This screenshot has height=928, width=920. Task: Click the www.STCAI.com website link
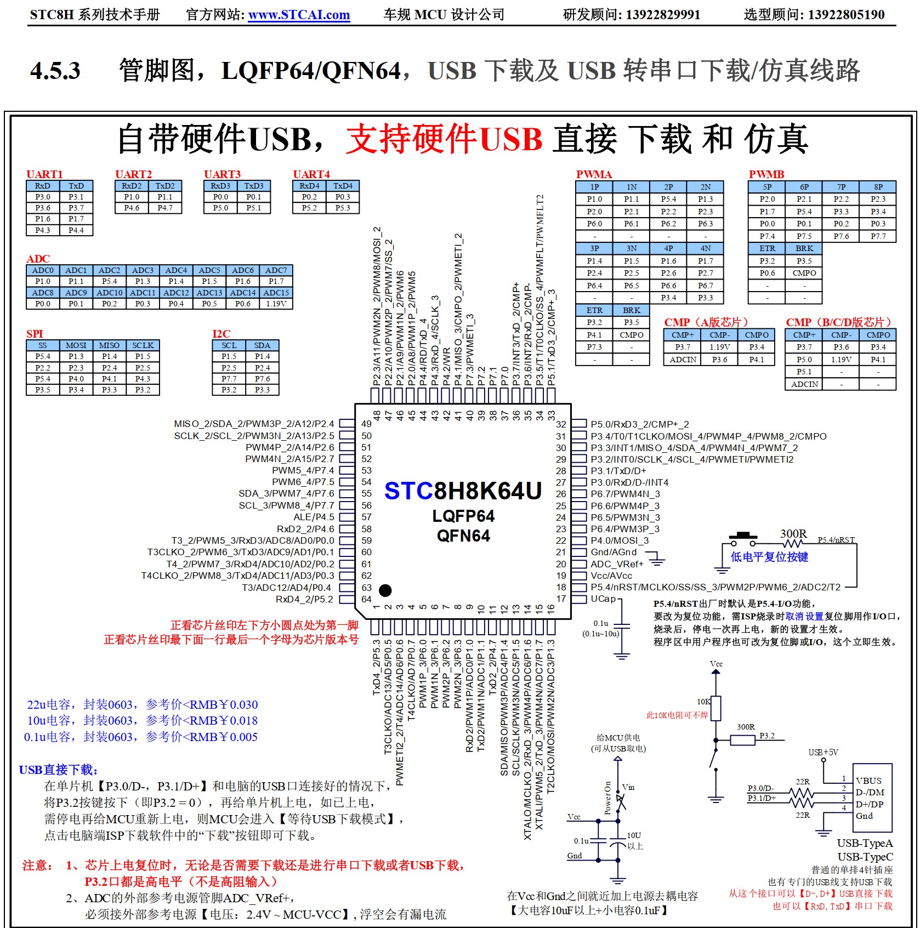tap(299, 15)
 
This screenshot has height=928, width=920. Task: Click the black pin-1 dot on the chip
tap(385, 590)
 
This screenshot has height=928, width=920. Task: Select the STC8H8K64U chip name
tap(463, 491)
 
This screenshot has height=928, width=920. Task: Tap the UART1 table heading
tap(44, 174)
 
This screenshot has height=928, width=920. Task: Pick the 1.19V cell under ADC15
tap(276, 304)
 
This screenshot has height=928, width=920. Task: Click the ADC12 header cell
tap(176, 293)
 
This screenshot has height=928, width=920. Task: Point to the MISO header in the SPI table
tap(109, 345)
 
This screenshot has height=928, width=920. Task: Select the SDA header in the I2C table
tap(262, 345)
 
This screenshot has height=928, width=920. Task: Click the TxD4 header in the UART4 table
tap(343, 186)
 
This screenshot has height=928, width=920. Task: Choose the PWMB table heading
tap(766, 174)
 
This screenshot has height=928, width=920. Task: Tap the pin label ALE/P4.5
tap(314, 517)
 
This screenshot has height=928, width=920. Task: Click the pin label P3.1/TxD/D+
tap(618, 471)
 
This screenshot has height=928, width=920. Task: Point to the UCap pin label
tap(603, 599)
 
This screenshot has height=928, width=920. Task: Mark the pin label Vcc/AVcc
tap(611, 576)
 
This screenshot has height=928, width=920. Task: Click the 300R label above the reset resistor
tap(793, 533)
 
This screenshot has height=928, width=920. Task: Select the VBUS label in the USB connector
tap(868, 781)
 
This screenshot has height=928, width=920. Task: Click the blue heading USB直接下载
tap(58, 770)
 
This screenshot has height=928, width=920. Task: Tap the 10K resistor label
tap(703, 702)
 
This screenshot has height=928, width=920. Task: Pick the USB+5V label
tap(823, 753)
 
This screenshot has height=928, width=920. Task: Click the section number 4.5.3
tap(55, 71)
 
